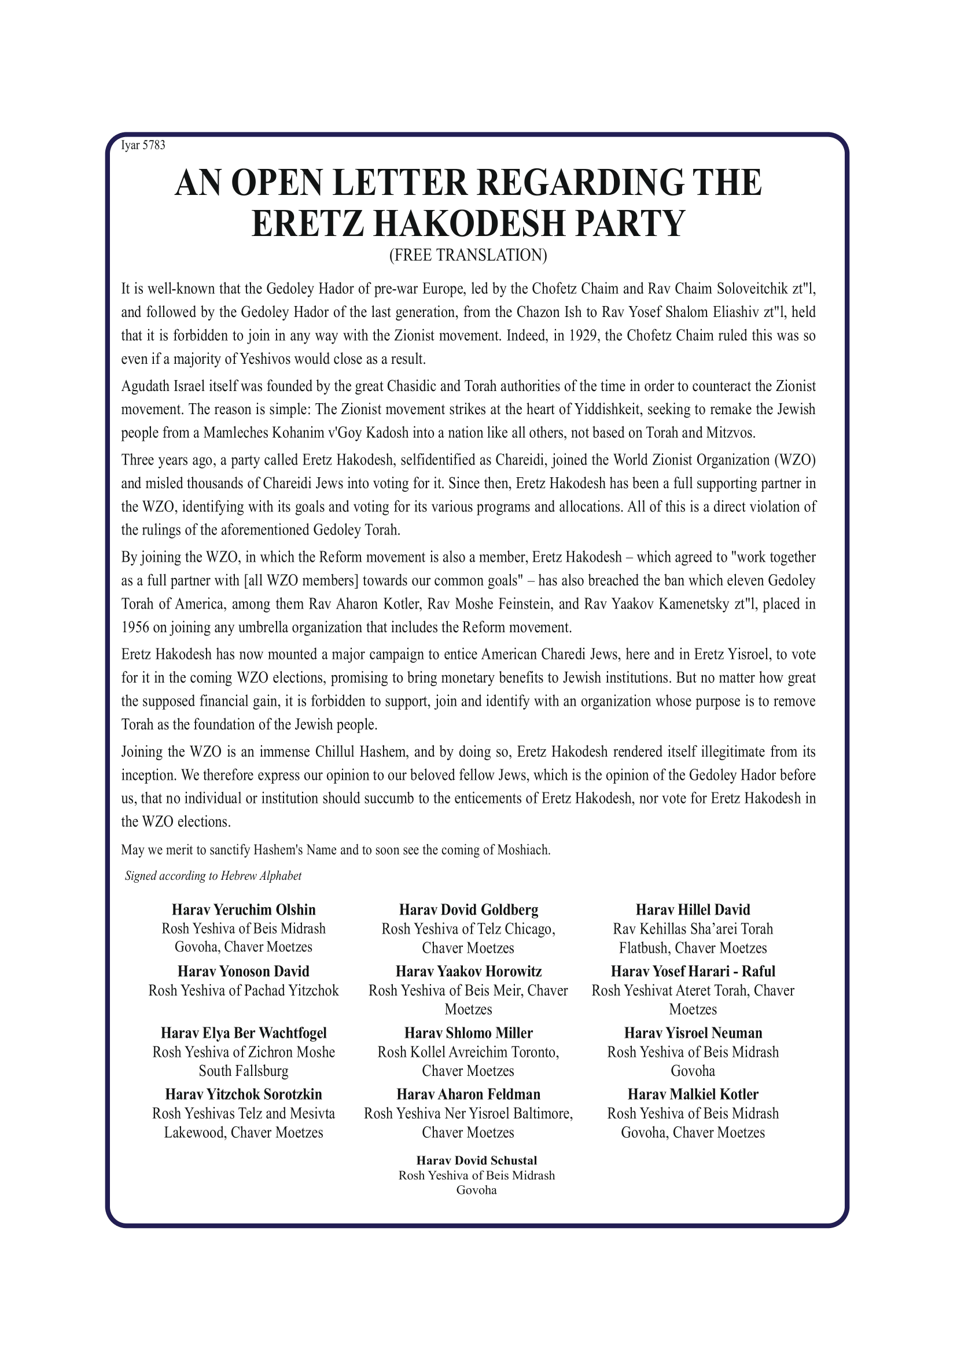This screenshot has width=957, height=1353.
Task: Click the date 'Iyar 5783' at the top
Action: (142, 146)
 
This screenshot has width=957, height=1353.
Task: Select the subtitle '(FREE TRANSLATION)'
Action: (468, 255)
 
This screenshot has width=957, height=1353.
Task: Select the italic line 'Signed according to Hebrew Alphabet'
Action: (213, 876)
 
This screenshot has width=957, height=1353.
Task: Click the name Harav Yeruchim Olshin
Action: (244, 910)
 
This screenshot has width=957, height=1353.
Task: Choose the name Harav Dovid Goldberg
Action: (469, 910)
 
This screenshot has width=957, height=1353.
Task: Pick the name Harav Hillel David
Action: (693, 910)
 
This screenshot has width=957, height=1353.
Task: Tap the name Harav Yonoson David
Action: (244, 971)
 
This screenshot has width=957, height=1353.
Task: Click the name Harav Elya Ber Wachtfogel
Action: (244, 1033)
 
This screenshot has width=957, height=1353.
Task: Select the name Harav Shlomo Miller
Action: (469, 1033)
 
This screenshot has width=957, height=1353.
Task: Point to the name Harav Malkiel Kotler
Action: (693, 1094)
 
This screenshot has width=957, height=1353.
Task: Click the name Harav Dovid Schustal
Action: (476, 1160)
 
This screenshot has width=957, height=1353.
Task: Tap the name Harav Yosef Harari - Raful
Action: (693, 971)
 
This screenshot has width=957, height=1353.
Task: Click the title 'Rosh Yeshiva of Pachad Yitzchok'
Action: (244, 990)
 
